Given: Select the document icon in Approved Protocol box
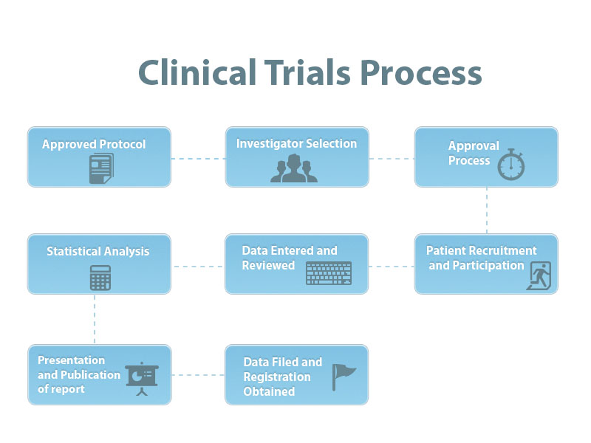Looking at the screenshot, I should [100, 169].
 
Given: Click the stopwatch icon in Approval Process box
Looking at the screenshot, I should [511, 165].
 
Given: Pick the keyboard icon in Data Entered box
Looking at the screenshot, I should [329, 273].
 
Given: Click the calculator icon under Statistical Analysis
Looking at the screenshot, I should [100, 277].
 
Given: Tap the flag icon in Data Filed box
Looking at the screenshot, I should [342, 376].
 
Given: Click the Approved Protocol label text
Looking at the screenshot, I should [94, 144].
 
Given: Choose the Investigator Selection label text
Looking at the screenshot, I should [296, 143].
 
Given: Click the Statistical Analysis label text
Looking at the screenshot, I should [98, 251].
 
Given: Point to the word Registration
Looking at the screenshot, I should [277, 377].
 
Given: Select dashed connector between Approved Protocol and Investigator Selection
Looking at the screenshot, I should [197, 158].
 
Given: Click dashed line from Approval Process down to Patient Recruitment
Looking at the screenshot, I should [486, 210].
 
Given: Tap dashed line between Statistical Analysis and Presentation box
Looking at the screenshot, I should [95, 319].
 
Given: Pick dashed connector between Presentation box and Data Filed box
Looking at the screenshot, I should [197, 374].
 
